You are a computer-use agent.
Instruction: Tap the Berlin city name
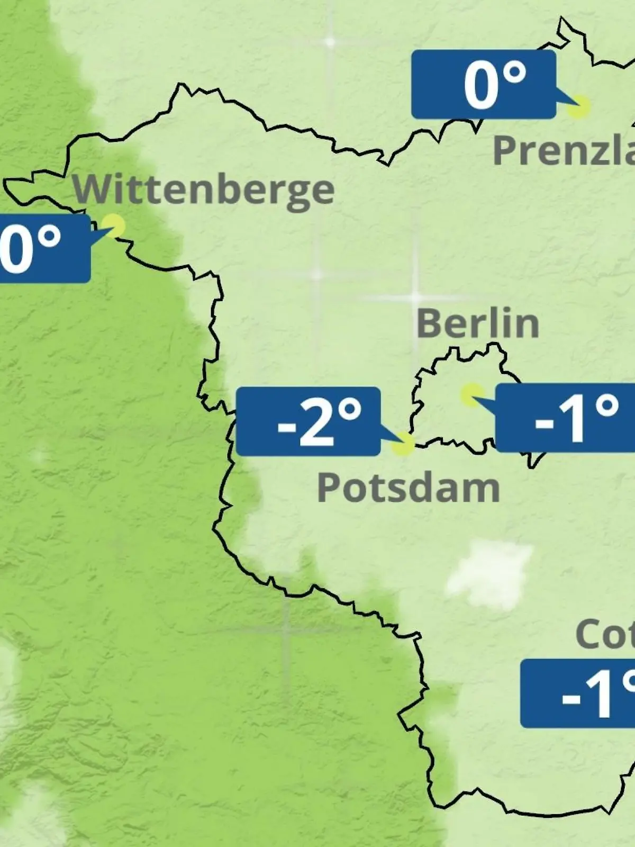click(477, 323)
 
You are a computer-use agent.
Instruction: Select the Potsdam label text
click(408, 488)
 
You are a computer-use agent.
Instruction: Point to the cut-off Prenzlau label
click(564, 151)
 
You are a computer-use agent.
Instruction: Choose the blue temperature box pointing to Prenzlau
click(484, 85)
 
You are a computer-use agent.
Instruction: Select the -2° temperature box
click(308, 421)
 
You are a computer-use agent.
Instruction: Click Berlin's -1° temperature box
click(565, 418)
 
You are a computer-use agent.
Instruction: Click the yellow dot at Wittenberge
click(114, 226)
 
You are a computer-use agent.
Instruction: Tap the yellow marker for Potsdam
click(403, 444)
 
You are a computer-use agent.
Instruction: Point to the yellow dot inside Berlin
click(470, 394)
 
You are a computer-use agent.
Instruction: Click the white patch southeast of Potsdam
click(489, 577)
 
